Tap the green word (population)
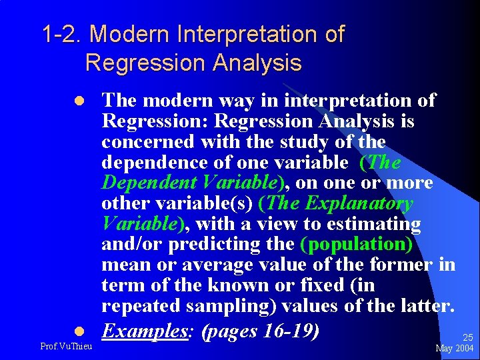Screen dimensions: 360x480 click(x=357, y=244)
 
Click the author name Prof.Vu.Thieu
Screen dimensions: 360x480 click(x=67, y=346)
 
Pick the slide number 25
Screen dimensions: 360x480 click(x=467, y=338)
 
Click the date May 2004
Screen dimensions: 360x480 click(x=454, y=349)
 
